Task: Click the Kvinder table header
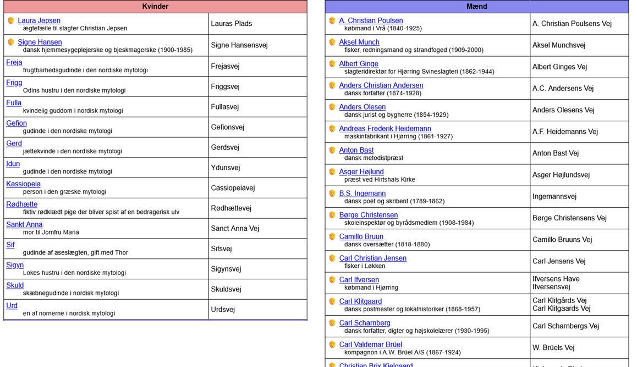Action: [155, 7]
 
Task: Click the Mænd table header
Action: [476, 7]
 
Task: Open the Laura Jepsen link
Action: [39, 20]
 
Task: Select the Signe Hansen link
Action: [40, 42]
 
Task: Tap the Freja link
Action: [14, 62]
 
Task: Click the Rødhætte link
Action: [22, 204]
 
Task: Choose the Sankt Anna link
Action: [24, 224]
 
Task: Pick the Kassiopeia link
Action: [23, 183]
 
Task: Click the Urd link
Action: [12, 305]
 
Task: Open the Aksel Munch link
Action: [359, 42]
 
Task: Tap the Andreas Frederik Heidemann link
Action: [385, 128]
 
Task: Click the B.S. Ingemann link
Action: [363, 193]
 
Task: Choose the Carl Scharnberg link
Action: [365, 323]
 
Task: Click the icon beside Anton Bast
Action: [332, 150]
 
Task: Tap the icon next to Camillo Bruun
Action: [332, 236]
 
